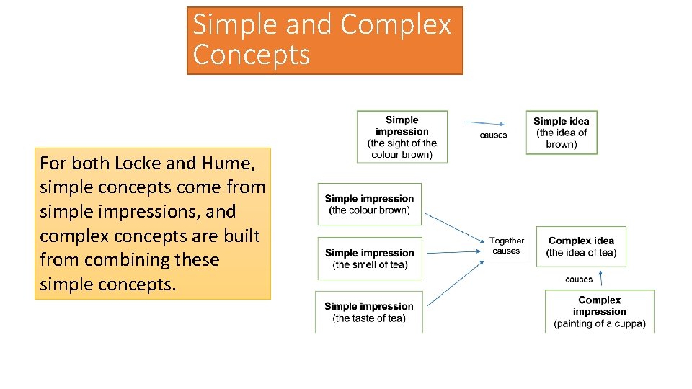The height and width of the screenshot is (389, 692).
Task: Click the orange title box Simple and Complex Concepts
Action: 324,40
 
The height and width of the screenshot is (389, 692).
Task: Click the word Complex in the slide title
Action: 395,24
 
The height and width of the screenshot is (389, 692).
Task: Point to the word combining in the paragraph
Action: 125,260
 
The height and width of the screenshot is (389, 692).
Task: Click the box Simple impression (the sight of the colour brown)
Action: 402,137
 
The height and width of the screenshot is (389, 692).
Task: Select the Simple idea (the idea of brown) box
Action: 561,133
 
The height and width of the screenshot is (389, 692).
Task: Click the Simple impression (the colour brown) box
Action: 369,205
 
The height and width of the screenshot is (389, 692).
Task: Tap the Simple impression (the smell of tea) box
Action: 369,259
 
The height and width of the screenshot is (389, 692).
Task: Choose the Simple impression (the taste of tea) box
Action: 368,312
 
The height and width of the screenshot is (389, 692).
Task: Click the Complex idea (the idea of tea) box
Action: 581,246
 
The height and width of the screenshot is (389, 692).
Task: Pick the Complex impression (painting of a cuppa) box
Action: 599,312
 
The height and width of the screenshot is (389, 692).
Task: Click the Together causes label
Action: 506,246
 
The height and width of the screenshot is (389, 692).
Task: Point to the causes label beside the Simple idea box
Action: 493,135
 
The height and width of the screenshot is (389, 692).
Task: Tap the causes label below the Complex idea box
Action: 579,280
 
